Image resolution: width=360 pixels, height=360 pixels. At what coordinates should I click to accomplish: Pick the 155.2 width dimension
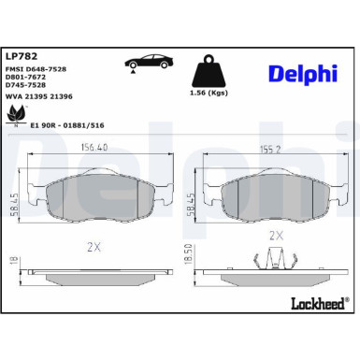(271, 146)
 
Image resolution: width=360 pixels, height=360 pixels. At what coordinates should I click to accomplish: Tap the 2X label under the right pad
(275, 236)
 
